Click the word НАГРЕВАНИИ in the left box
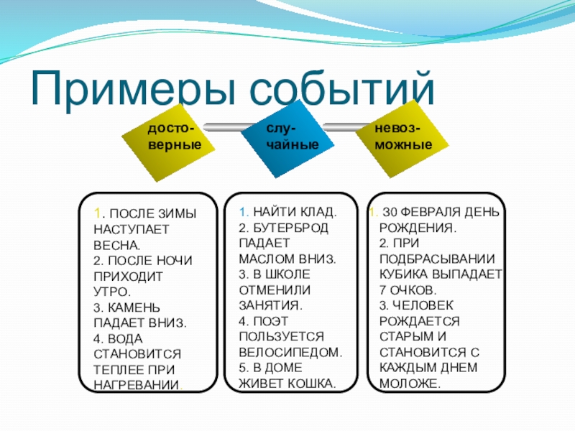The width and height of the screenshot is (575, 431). tap(136, 384)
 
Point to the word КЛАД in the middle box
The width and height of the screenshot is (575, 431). tap(315, 213)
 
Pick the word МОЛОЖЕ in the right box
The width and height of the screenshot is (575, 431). tap(409, 384)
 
